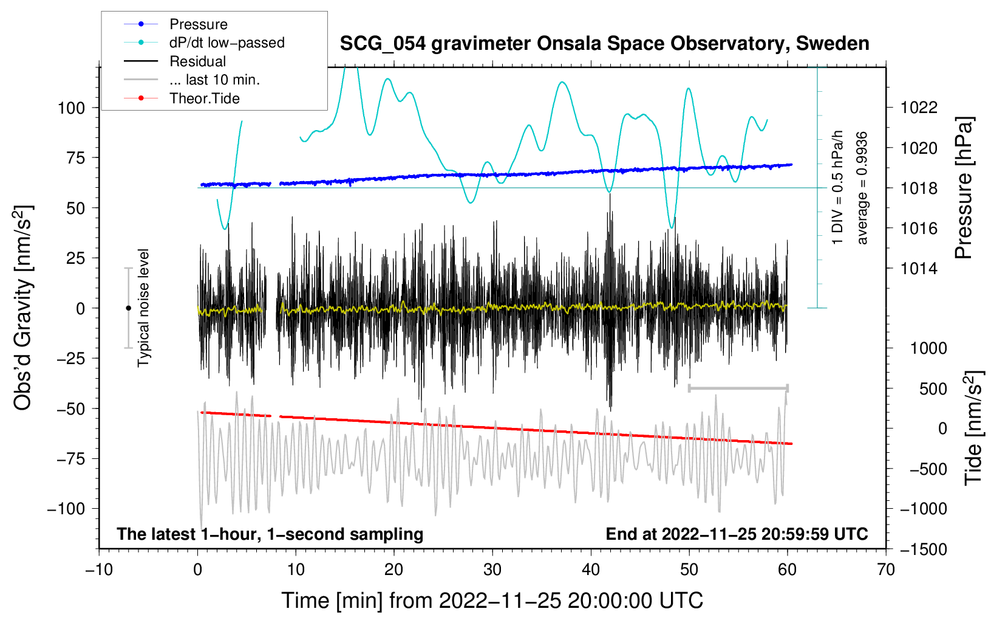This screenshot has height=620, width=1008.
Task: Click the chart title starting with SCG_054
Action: click(x=604, y=44)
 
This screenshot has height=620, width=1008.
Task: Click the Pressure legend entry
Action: click(x=199, y=24)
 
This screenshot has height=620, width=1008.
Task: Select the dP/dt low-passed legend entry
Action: click(x=227, y=43)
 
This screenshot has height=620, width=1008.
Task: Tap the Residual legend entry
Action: click(x=197, y=61)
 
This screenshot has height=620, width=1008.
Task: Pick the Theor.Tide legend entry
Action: click(x=204, y=98)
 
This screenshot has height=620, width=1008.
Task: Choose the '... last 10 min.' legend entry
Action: click(x=214, y=80)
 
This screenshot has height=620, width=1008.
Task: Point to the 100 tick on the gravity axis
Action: click(x=72, y=108)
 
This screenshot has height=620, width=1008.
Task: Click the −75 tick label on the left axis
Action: click(x=70, y=459)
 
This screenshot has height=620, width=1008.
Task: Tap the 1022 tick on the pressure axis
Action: click(x=919, y=108)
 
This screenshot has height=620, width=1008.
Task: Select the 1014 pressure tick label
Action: click(x=919, y=269)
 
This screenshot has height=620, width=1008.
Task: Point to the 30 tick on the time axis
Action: click(x=492, y=570)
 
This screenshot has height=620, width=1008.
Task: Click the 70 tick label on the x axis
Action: click(x=885, y=570)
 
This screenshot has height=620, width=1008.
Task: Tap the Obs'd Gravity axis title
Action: click(x=23, y=308)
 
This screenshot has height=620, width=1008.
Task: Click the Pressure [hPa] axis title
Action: click(x=964, y=188)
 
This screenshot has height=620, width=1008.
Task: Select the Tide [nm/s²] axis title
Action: click(x=974, y=429)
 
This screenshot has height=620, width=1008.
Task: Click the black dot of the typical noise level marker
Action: click(x=128, y=308)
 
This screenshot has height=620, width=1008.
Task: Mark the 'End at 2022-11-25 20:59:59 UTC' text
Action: click(x=737, y=534)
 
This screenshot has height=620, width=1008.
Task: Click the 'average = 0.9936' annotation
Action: click(x=862, y=188)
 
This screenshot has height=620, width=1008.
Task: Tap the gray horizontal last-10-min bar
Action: click(x=738, y=388)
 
